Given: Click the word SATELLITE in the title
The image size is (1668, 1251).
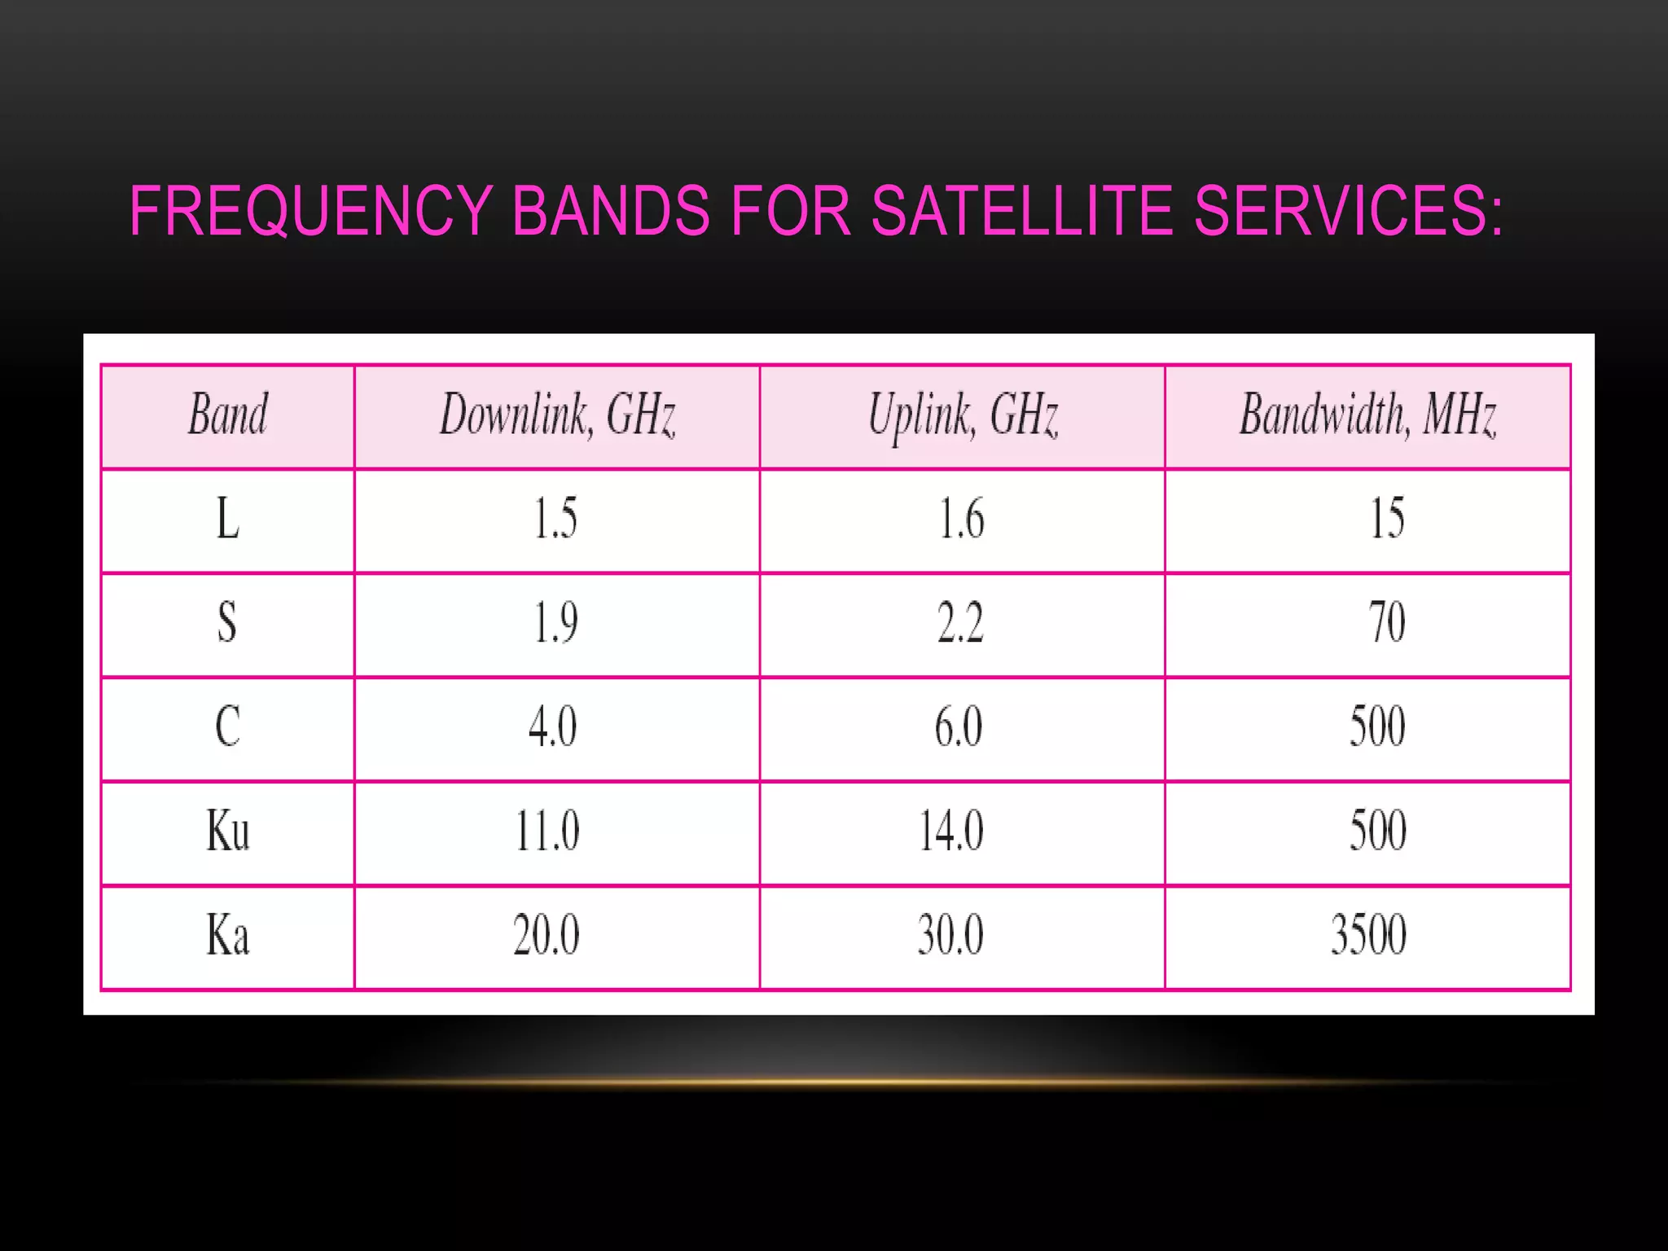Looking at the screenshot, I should tap(1021, 212).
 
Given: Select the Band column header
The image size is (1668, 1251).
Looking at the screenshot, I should tap(228, 415).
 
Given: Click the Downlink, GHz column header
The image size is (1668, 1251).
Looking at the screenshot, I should tap(558, 415).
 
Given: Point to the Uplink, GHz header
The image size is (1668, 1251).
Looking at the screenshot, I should tap(963, 415).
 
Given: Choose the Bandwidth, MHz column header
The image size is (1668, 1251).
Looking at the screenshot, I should tap(1368, 415).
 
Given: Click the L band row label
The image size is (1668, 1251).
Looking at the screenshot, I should tap(228, 519).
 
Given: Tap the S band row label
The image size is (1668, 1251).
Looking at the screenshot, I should tap(227, 623).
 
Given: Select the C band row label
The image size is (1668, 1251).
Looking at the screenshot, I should tap(228, 726).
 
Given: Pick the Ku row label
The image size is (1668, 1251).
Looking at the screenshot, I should tap(228, 831).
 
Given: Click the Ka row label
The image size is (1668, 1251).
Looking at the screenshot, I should tap(228, 935).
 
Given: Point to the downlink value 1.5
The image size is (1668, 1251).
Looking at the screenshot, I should tap(555, 519).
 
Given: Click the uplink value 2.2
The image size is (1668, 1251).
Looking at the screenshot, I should tap(961, 623).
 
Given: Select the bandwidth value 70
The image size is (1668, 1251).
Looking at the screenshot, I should tap(1387, 623).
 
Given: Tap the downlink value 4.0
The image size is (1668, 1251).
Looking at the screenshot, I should tap(553, 726).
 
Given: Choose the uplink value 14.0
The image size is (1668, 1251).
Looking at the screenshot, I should tap(951, 831).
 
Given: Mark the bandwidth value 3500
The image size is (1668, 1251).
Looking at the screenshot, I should tap(1369, 935).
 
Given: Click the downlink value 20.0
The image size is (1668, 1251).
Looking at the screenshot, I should tap(546, 935).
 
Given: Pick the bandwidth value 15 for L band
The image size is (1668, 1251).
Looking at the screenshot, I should tap(1387, 519).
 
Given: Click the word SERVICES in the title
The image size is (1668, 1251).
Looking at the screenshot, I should tap(1348, 212).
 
